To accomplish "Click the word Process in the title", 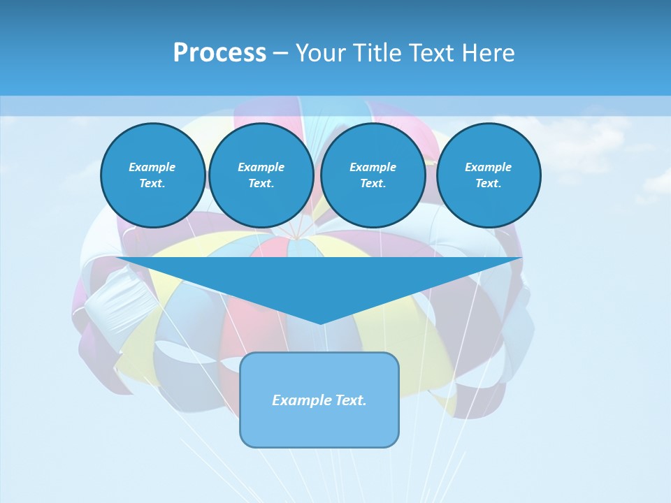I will click(219, 53).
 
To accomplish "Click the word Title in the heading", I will click(375, 53).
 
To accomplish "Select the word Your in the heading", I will click(322, 53).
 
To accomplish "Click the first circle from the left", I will click(153, 175).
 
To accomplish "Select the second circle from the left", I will click(261, 175).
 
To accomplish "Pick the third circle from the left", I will click(373, 175).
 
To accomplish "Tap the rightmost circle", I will click(489, 175).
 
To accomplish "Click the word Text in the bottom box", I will click(349, 400).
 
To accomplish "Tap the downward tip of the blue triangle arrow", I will click(320, 323).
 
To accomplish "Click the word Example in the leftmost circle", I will click(152, 167).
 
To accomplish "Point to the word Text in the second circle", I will click(260, 184).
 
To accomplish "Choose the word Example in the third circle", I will click(373, 167).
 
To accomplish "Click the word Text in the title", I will click(431, 53).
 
